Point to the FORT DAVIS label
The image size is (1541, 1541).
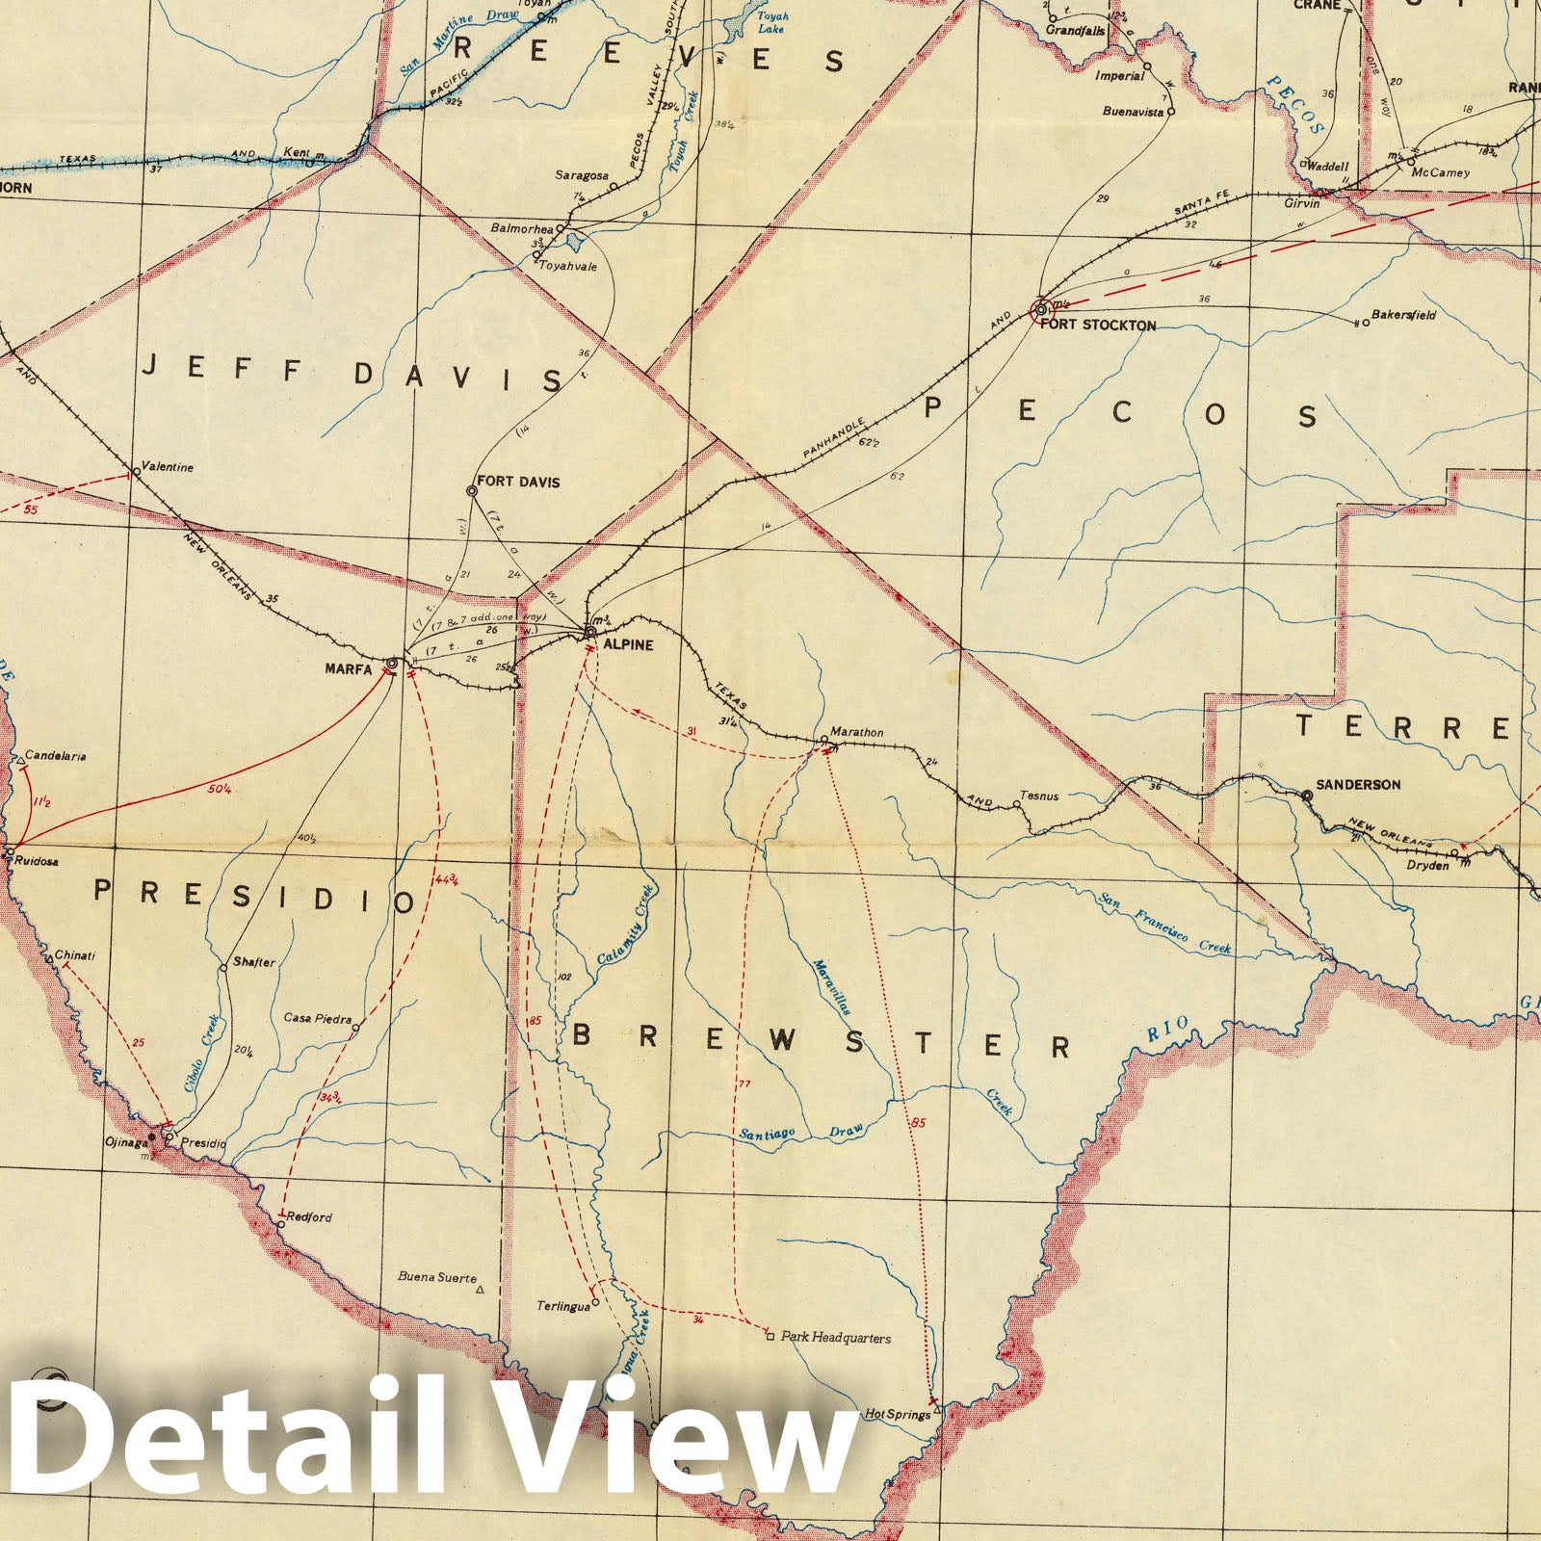click(x=518, y=482)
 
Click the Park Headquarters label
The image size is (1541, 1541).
click(x=836, y=1338)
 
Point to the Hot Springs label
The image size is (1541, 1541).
click(x=897, y=1415)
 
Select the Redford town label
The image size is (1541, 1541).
click(x=309, y=1217)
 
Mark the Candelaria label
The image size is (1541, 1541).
click(x=56, y=756)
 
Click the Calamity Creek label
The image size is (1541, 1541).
click(x=625, y=926)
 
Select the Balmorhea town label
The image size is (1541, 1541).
click(x=522, y=229)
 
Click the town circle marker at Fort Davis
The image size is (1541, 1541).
click(x=472, y=491)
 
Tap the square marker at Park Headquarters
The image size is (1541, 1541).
click(x=769, y=1336)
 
